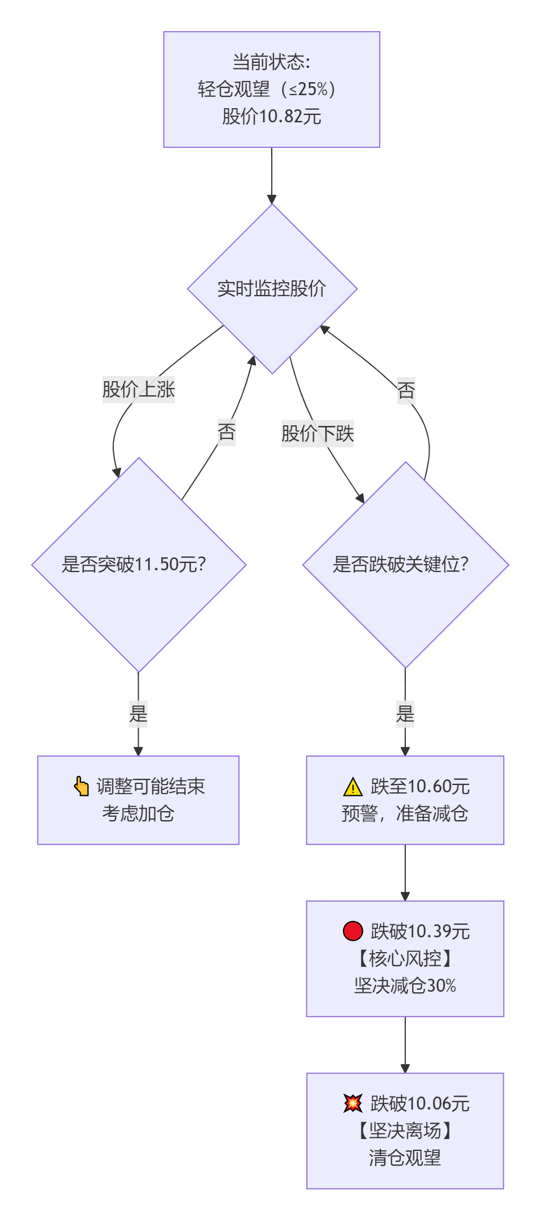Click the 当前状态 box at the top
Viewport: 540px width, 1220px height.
(272, 89)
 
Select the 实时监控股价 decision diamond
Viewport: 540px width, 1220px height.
(272, 289)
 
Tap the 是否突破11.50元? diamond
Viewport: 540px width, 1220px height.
(139, 565)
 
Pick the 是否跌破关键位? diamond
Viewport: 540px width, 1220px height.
(405, 565)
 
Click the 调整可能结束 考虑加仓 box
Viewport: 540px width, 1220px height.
(138, 800)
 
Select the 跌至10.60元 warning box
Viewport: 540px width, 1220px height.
(405, 800)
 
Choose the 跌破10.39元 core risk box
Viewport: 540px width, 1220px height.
(405, 958)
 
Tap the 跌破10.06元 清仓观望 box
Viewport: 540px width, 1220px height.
(405, 1131)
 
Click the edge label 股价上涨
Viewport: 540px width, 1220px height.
(139, 390)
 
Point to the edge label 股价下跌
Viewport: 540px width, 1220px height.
(318, 434)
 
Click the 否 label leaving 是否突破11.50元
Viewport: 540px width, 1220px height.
(226, 432)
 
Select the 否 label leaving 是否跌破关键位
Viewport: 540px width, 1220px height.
(406, 390)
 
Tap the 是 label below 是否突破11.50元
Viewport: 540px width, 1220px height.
(138, 713)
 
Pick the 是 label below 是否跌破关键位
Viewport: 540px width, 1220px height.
(405, 713)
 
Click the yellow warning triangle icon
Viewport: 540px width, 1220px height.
(353, 787)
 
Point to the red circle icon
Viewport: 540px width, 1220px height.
(353, 931)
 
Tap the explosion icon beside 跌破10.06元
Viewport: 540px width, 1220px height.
(353, 1103)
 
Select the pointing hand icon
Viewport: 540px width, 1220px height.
(82, 786)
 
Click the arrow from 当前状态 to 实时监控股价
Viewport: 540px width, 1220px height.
(272, 176)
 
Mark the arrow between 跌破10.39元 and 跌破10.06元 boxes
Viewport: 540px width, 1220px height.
(405, 1044)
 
